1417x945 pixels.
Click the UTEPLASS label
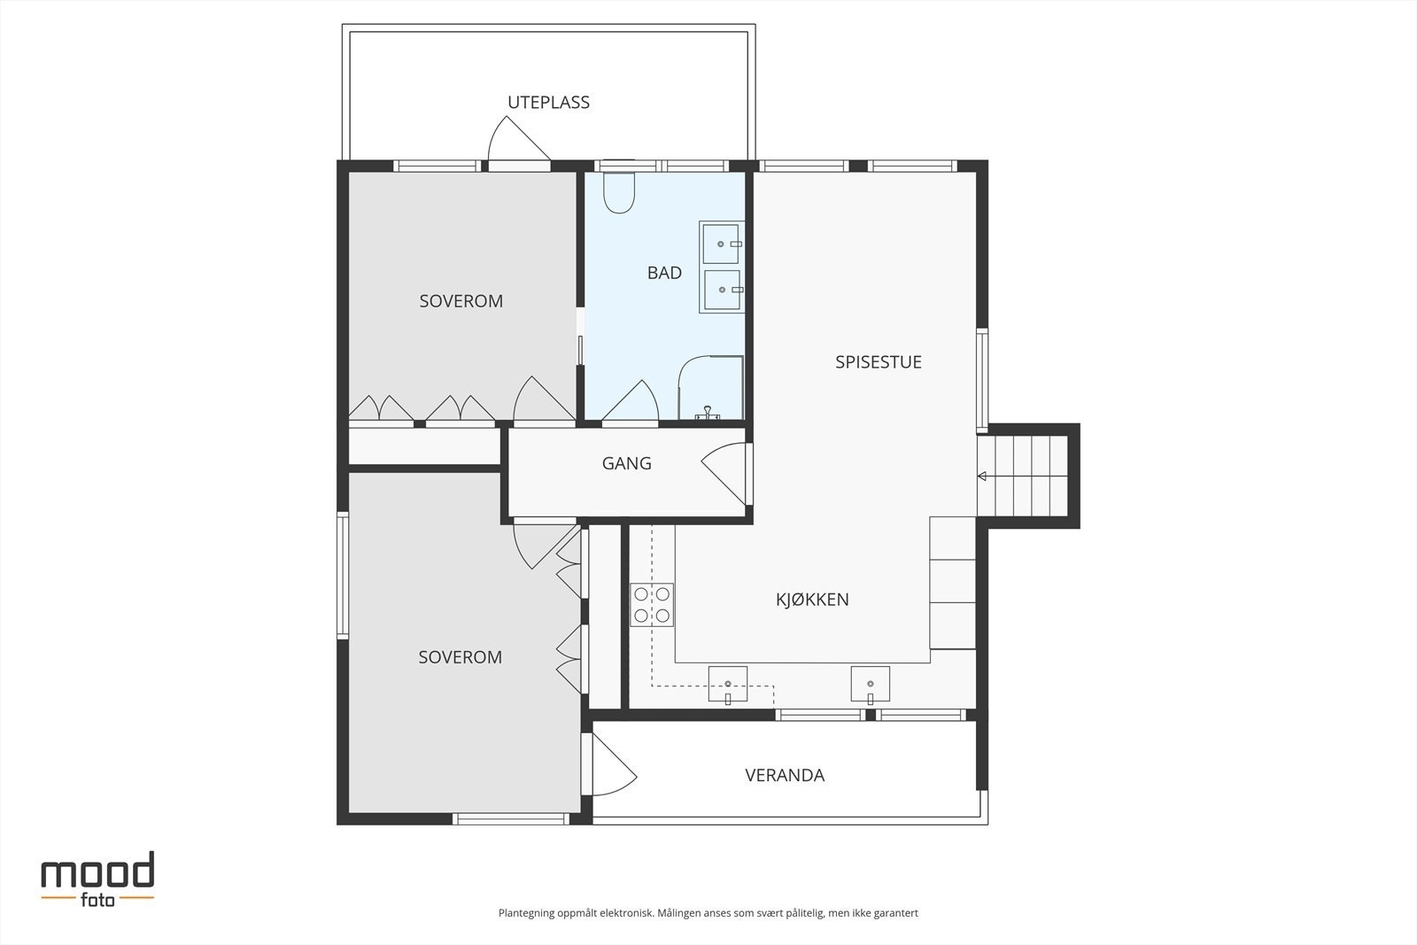pos(548,103)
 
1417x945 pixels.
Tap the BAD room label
pos(664,273)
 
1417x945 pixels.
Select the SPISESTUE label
pos(878,362)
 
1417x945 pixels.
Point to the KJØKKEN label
pos(812,599)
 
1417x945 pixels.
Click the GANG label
pos(626,463)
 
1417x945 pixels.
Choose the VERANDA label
pos(785,775)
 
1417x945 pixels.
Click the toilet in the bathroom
pos(619,192)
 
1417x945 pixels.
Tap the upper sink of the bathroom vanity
pos(720,244)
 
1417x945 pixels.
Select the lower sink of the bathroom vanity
pos(722,290)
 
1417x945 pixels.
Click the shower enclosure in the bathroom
pos(710,387)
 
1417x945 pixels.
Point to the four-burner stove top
pos(652,605)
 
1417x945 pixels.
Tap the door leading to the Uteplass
pos(519,139)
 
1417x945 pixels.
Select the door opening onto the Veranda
pos(614,764)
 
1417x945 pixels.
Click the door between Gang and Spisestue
pos(724,473)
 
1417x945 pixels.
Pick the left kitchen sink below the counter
pos(727,685)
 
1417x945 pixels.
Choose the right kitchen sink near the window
pos(870,685)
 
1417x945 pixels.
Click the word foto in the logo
pos(97,899)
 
